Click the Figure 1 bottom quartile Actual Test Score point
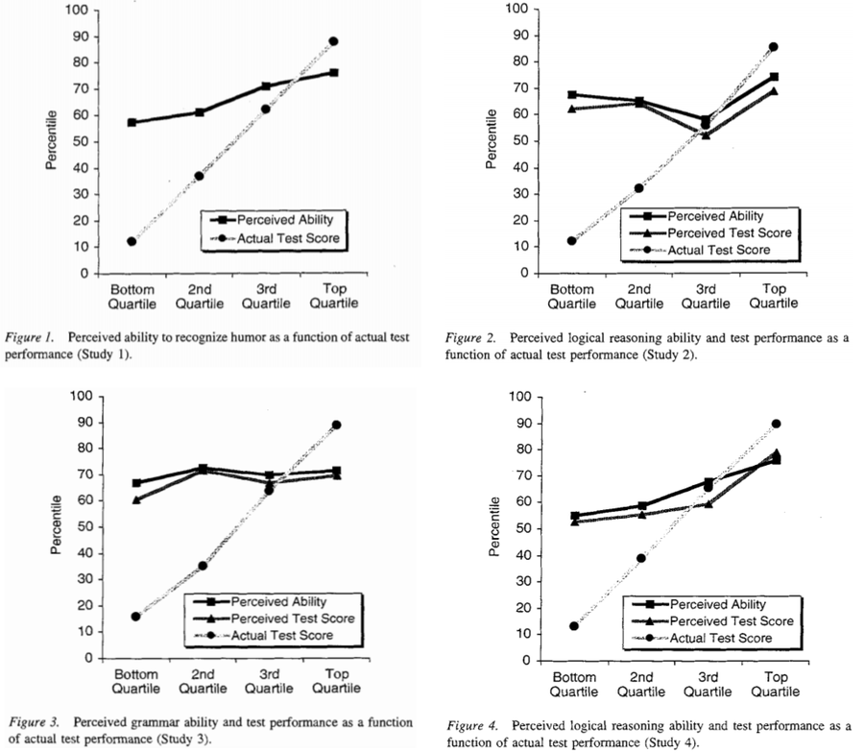coord(132,241)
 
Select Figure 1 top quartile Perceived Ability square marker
coord(333,72)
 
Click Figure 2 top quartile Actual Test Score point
coord(774,46)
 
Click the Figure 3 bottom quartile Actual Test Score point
coord(135,617)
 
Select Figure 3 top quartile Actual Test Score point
coord(336,425)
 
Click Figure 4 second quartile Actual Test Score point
coord(641,558)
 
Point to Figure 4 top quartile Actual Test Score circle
coord(776,424)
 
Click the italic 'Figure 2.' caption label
coord(472,338)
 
